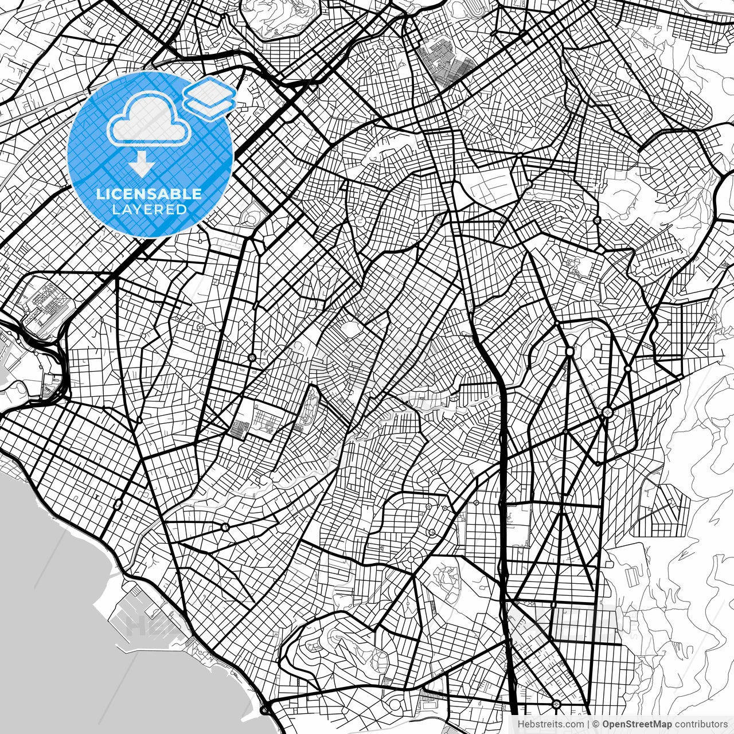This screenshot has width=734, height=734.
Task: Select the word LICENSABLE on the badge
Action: pos(149,194)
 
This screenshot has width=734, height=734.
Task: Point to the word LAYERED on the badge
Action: pos(149,209)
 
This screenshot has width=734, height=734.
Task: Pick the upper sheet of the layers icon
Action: pos(210,90)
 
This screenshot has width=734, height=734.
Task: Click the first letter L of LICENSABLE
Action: pos(100,194)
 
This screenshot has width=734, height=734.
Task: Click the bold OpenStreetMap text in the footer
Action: pos(637,724)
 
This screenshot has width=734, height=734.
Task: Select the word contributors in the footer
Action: pos(701,724)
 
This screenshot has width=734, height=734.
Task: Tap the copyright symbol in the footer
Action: pos(596,724)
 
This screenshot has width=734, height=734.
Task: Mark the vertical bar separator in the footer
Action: pos(588,724)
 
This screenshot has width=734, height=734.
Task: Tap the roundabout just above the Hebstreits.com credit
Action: pos(556,704)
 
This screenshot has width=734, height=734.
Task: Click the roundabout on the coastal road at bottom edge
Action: pos(264,710)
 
